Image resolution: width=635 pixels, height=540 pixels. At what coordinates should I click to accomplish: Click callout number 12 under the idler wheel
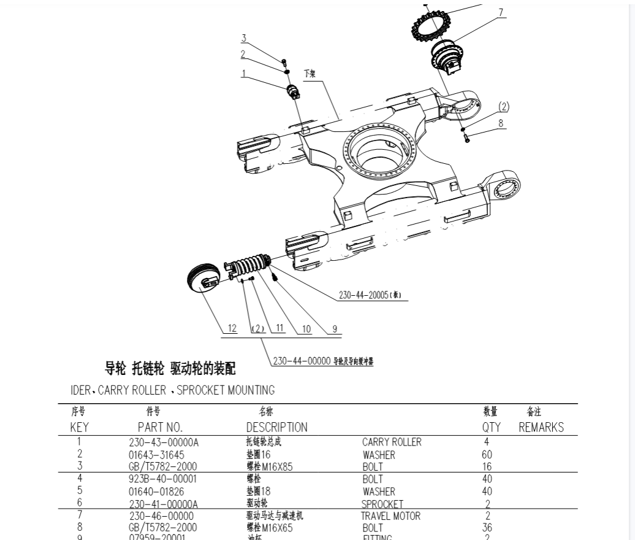[232, 328]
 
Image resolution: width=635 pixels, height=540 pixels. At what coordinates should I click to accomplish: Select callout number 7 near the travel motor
[501, 12]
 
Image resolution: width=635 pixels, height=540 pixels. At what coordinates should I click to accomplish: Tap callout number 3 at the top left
[243, 39]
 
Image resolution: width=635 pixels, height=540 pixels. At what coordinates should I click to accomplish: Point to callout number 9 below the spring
[335, 329]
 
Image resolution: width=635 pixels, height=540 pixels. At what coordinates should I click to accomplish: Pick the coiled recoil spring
[248, 265]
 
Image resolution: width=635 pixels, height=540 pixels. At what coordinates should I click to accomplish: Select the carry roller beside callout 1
[294, 92]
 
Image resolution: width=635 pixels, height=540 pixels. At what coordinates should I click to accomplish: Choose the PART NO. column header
[160, 427]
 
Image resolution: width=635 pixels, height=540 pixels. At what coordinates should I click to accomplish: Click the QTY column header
[491, 427]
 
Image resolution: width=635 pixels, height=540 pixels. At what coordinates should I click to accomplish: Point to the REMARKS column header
[541, 427]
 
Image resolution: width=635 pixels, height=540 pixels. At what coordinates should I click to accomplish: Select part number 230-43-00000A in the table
[164, 442]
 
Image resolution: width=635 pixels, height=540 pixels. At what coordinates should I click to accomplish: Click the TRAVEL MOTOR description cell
[390, 516]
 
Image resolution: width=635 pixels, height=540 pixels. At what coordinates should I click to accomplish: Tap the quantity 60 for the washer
[488, 455]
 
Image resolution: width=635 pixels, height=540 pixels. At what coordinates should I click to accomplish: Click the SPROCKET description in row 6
[382, 504]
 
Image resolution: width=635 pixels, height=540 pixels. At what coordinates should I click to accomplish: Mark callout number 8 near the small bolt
[501, 123]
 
